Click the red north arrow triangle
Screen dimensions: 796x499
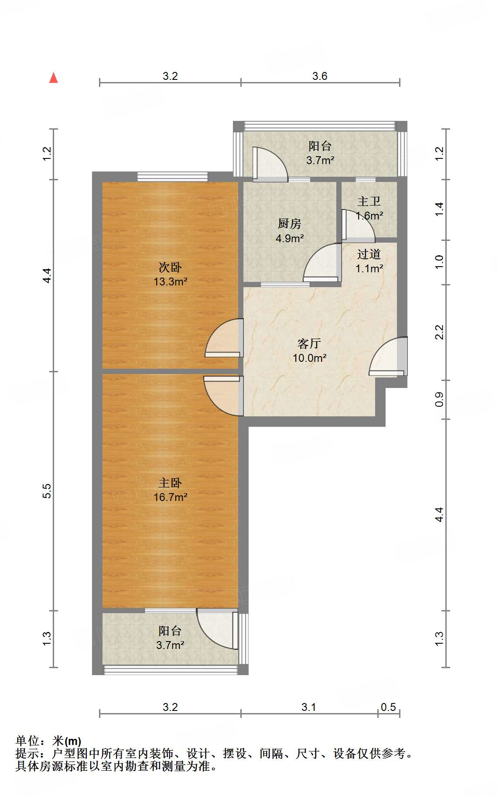[54, 78]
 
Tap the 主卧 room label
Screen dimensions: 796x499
[170, 483]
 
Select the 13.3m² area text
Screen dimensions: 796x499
[171, 281]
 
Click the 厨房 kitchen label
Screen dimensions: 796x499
[290, 224]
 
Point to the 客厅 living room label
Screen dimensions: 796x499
[309, 343]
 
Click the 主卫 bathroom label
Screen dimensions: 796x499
[369, 201]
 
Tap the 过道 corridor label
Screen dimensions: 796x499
[369, 254]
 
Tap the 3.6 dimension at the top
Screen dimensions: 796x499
[320, 76]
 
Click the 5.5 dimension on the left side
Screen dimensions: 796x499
[47, 491]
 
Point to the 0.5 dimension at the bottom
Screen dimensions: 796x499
[388, 707]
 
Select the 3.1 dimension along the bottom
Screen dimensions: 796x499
[309, 707]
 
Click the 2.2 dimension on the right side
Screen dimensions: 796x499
[439, 332]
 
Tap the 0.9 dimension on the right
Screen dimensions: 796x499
[439, 399]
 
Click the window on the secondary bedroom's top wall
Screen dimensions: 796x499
[172, 176]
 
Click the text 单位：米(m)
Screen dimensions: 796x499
[48, 741]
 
